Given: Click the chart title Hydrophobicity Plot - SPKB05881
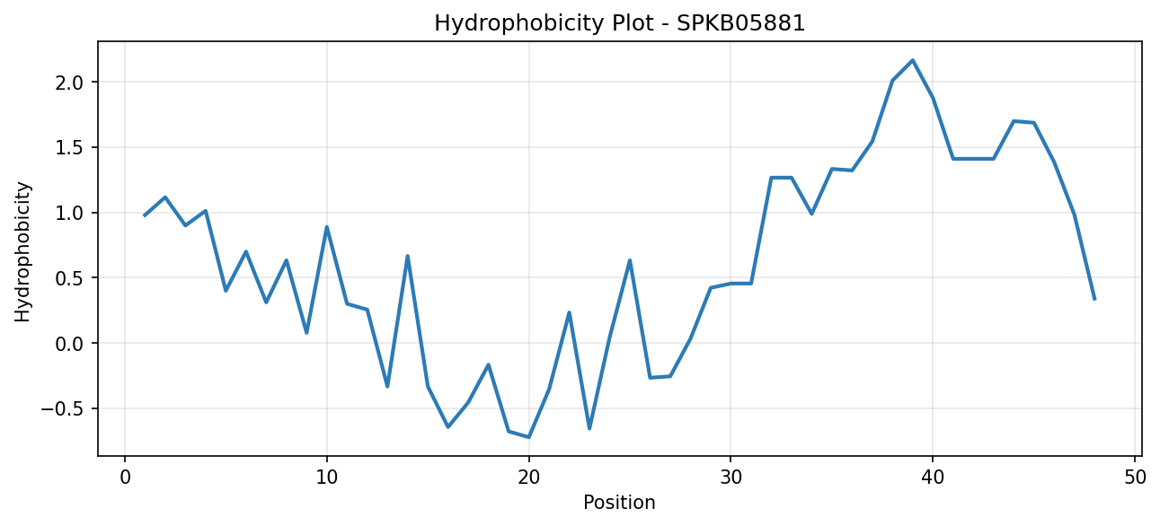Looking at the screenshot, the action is (x=619, y=23).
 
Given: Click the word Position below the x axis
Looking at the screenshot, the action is (x=619, y=502).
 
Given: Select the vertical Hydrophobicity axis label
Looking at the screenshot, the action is (x=22, y=251).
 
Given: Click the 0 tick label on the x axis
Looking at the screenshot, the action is (x=125, y=477).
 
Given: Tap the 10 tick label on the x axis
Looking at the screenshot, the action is (x=327, y=477).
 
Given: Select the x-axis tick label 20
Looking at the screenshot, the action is (x=528, y=477).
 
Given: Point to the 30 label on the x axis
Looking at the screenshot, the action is (x=731, y=477).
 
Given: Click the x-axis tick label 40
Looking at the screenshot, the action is (x=933, y=477).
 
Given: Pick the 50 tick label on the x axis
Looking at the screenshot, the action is (x=1135, y=477).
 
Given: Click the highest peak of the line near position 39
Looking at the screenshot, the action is (x=913, y=60).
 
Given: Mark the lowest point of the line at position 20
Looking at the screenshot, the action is (x=528, y=437).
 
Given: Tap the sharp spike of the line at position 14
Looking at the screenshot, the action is (x=408, y=256).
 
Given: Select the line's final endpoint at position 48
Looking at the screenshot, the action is (x=1094, y=300).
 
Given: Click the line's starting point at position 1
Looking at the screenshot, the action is (x=145, y=215).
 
